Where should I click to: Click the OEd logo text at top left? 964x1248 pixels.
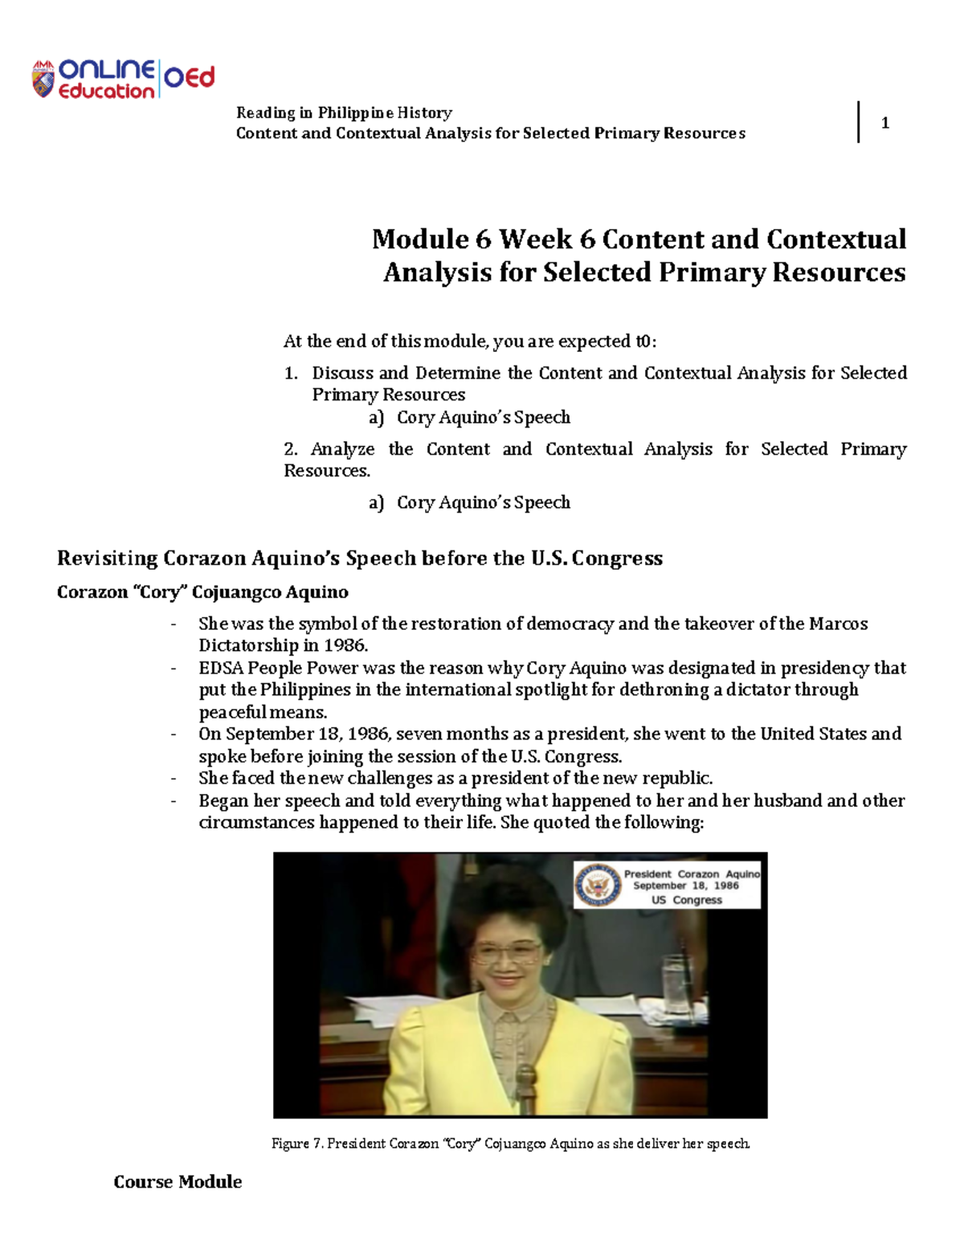point(190,78)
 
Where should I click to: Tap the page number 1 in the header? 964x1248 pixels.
point(884,123)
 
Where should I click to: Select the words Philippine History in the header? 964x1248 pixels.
point(385,113)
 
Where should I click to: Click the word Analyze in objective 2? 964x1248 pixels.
point(342,449)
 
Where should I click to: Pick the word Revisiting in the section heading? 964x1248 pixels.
point(107,559)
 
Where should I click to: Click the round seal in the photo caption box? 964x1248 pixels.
point(598,886)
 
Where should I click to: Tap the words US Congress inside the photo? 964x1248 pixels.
point(686,900)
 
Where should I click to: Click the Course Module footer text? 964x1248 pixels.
point(178,1182)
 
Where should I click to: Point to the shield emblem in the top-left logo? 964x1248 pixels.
point(43,80)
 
